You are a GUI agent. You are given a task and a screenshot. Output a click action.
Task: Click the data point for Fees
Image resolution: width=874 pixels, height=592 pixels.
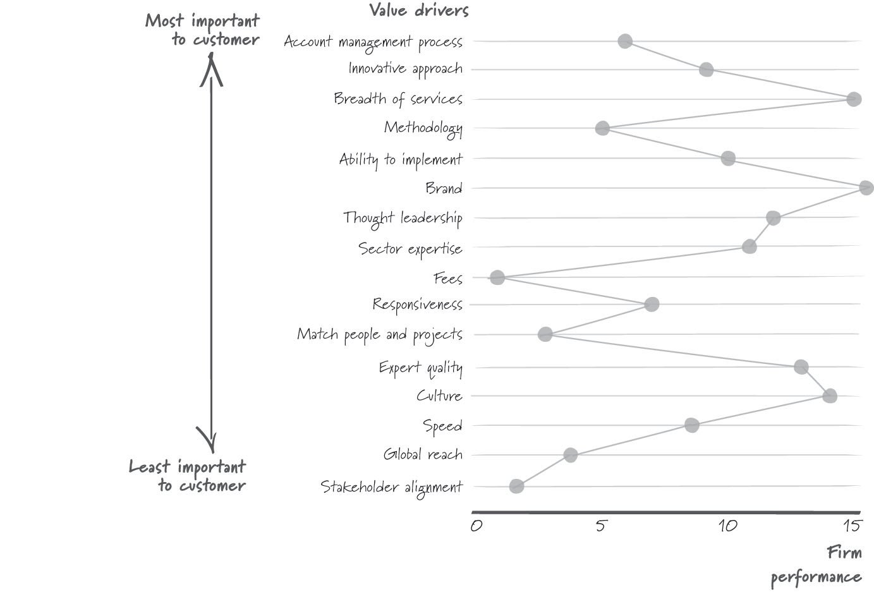(x=497, y=277)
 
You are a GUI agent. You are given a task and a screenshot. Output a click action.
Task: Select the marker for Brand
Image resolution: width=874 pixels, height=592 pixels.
(x=866, y=188)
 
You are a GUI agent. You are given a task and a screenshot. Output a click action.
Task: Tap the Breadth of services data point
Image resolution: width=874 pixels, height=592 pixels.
(x=854, y=99)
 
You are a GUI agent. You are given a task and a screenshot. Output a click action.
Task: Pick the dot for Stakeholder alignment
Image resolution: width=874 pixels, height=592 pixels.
(x=516, y=486)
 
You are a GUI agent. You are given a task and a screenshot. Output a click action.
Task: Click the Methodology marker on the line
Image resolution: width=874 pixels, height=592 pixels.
(x=602, y=128)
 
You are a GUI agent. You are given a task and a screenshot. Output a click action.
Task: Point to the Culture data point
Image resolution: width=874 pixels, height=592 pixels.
(x=830, y=396)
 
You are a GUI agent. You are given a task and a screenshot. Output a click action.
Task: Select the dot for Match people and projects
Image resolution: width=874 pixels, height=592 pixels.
(x=545, y=334)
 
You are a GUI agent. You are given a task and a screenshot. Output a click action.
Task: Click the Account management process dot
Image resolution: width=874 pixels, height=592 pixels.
(x=625, y=41)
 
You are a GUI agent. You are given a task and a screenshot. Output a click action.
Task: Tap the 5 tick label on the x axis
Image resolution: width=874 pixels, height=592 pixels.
(x=601, y=526)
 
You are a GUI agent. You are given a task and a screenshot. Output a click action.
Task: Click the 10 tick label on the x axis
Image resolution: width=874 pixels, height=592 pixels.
(x=728, y=526)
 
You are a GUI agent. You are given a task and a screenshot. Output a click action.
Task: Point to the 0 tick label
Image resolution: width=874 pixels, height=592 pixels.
(x=476, y=526)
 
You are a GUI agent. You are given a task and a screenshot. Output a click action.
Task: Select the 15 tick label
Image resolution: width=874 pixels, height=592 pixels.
(x=851, y=526)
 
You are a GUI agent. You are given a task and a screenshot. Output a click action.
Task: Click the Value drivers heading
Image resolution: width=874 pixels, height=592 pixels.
(x=419, y=10)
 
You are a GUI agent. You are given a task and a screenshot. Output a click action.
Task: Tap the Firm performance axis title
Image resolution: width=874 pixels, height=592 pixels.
(x=816, y=565)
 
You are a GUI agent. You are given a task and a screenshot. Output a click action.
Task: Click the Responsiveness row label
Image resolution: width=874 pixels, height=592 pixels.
(x=418, y=305)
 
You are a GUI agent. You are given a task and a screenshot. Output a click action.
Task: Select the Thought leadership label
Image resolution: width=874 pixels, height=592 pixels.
(x=403, y=219)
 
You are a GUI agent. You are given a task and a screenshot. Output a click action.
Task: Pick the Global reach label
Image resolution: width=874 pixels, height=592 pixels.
(x=423, y=454)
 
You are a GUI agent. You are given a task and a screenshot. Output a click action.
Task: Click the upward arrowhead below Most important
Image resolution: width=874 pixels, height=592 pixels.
(x=211, y=69)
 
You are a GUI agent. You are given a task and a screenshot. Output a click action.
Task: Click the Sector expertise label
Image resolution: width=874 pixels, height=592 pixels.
(x=410, y=249)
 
